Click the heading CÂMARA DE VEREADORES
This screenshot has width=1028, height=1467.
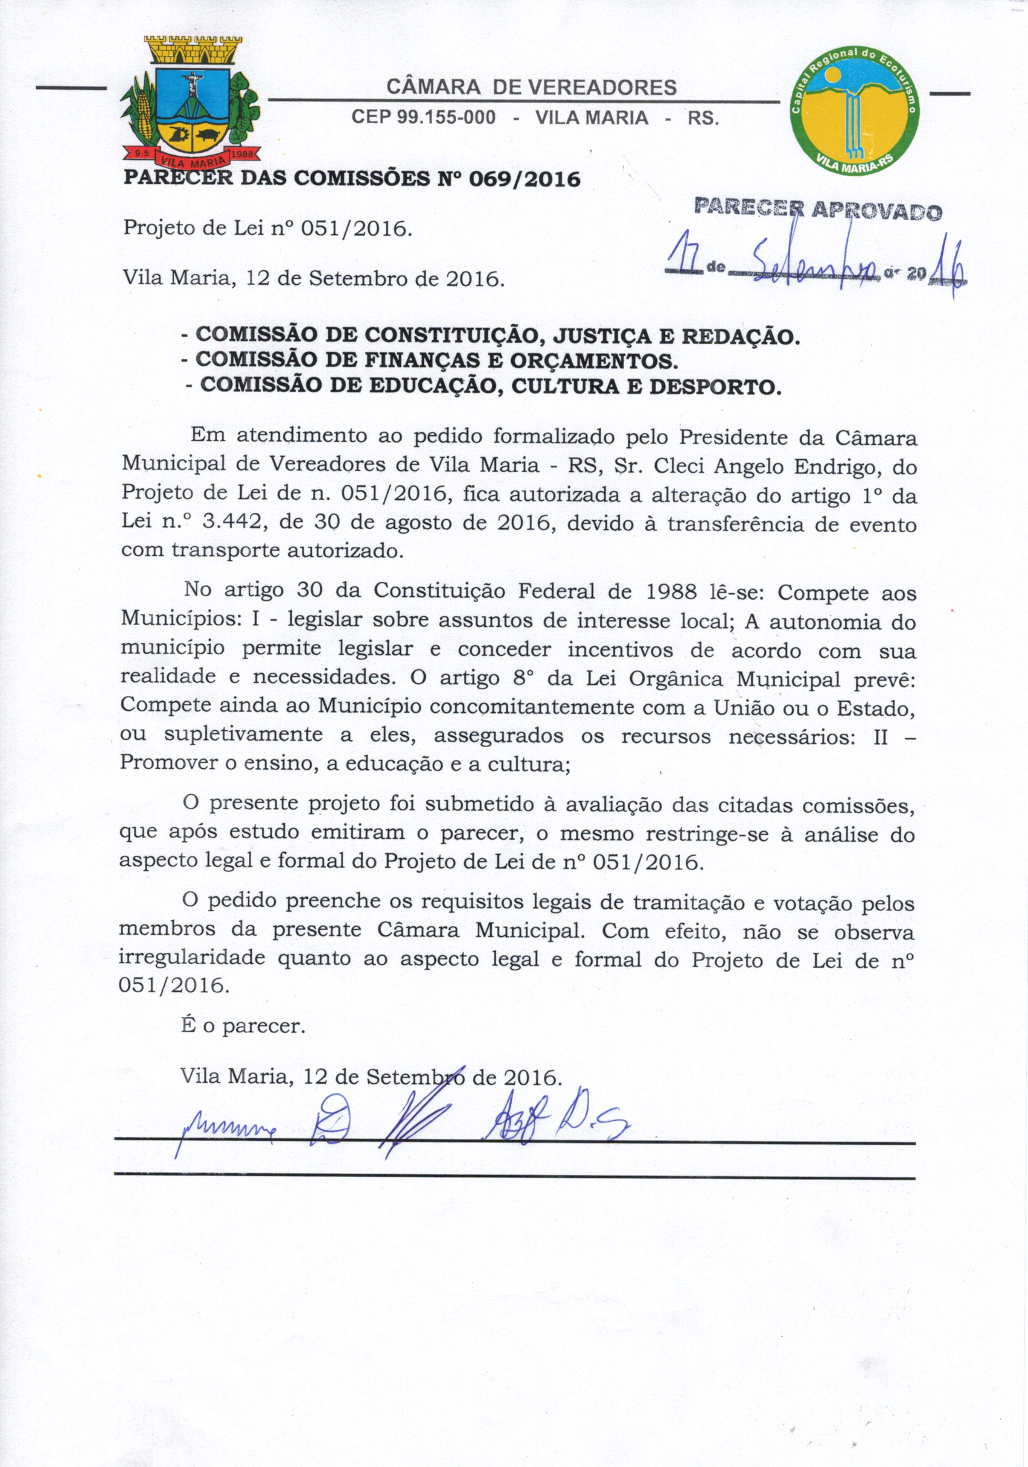point(532,87)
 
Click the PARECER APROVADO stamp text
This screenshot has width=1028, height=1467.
point(818,210)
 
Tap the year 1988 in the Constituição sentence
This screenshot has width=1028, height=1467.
point(670,592)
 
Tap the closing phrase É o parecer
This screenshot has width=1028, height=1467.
point(243,1026)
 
